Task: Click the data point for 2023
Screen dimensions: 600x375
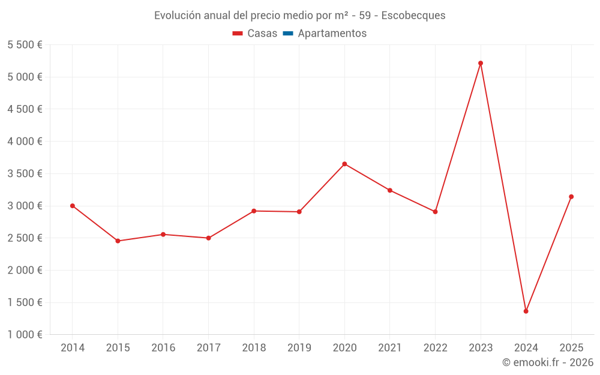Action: [481, 63]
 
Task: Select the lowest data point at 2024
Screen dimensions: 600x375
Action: [526, 311]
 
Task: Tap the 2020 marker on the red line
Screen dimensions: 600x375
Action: [344, 164]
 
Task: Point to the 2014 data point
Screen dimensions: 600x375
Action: [73, 206]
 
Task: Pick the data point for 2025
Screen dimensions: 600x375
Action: [571, 197]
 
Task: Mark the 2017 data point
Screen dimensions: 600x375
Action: [209, 238]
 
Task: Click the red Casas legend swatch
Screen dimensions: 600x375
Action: [238, 34]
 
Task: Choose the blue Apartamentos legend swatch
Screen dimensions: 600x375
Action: [288, 34]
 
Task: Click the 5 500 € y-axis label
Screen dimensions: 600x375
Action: [25, 45]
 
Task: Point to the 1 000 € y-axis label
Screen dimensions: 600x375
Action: [25, 334]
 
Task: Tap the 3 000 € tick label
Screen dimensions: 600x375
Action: [25, 206]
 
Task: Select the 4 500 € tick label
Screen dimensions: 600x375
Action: [25, 109]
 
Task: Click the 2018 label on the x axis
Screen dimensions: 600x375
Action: [254, 347]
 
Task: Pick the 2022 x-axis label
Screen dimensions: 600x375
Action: [436, 347]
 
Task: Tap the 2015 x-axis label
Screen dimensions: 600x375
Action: [118, 347]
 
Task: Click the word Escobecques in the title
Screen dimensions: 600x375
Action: [413, 16]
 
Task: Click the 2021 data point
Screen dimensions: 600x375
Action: [390, 190]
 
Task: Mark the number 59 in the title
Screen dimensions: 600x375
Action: [365, 16]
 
